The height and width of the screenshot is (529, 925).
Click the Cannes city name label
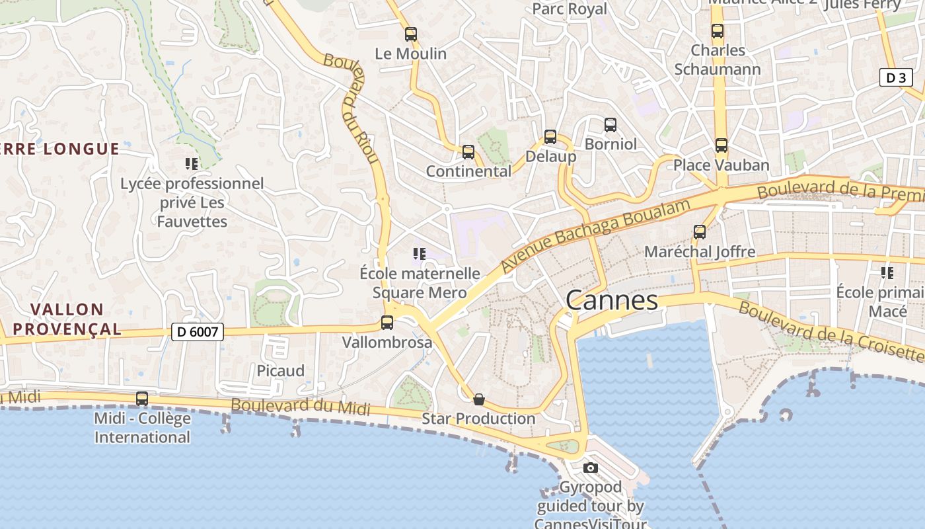click(612, 301)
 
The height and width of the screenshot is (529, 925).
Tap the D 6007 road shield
click(198, 332)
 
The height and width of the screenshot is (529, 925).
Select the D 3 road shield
click(896, 78)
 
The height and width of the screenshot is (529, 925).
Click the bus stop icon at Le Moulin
click(411, 34)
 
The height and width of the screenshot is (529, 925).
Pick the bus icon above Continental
click(468, 152)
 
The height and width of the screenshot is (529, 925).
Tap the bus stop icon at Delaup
click(550, 137)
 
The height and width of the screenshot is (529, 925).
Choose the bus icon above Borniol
click(610, 125)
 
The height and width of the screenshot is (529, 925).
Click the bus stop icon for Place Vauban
click(721, 145)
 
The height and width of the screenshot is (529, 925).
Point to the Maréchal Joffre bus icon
click(700, 232)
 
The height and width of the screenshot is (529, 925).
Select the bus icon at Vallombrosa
click(387, 323)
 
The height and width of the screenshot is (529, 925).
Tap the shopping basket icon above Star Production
click(479, 399)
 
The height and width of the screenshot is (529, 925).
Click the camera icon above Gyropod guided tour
click(591, 468)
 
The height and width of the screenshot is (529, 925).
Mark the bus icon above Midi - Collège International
click(142, 399)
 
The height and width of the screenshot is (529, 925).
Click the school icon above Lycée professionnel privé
click(192, 164)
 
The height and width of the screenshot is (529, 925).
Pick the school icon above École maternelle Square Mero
click(419, 254)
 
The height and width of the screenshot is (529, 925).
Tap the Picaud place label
click(281, 371)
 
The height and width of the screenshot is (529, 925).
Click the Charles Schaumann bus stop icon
click(718, 31)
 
